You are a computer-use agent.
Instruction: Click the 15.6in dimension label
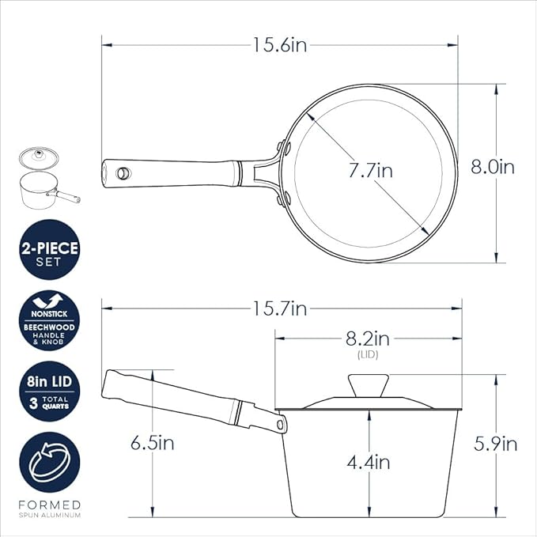tap(279, 45)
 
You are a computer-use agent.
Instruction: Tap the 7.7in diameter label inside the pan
tap(371, 170)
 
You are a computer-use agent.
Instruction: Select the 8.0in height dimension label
tap(493, 167)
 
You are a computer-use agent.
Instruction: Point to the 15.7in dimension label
tap(279, 308)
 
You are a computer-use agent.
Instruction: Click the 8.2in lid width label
tap(368, 338)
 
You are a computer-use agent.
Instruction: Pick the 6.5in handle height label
tap(153, 443)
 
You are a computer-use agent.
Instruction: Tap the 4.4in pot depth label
tap(369, 463)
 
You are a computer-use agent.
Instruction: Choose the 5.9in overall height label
tap(496, 444)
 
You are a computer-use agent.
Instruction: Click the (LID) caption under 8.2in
tap(368, 355)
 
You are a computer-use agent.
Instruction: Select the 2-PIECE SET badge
tap(50, 250)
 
